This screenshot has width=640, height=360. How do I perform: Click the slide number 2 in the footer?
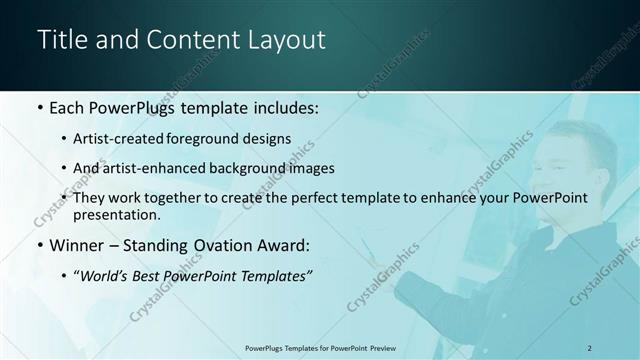(x=590, y=347)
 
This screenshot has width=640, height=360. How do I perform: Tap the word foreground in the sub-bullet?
(x=213, y=138)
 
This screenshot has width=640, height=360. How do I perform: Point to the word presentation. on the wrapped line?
(x=117, y=214)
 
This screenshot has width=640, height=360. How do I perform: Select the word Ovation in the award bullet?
(x=225, y=244)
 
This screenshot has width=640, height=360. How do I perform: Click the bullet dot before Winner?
(x=39, y=245)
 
